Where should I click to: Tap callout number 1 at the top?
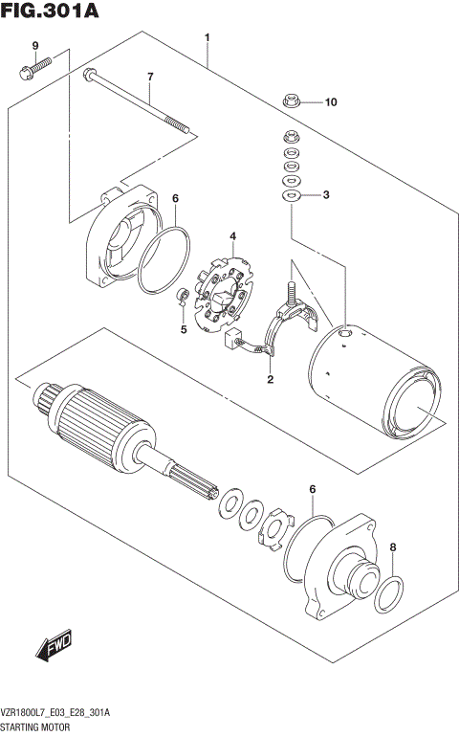[x=207, y=38]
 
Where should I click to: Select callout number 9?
[x=34, y=47]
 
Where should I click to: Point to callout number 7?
[x=149, y=77]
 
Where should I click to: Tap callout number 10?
[x=330, y=101]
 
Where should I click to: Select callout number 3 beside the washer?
[x=325, y=195]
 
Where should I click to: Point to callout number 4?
[x=230, y=235]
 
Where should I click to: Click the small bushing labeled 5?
[x=180, y=298]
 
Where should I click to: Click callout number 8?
[x=392, y=546]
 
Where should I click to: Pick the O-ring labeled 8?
[x=387, y=594]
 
